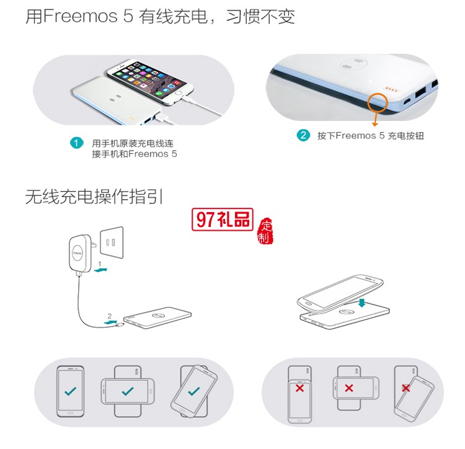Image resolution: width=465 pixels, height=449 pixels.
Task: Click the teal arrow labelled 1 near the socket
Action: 105,269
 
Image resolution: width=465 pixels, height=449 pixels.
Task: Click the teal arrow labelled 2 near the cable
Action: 111,321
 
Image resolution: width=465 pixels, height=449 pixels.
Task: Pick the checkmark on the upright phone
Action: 71,391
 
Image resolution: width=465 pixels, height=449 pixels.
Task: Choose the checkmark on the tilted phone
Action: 194,391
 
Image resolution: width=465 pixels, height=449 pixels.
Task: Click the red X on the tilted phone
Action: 406,388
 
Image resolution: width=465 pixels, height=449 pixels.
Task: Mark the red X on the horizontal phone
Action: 349,388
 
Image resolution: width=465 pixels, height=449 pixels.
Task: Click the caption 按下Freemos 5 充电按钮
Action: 371,135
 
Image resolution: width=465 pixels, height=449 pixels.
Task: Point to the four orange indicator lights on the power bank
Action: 392,89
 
